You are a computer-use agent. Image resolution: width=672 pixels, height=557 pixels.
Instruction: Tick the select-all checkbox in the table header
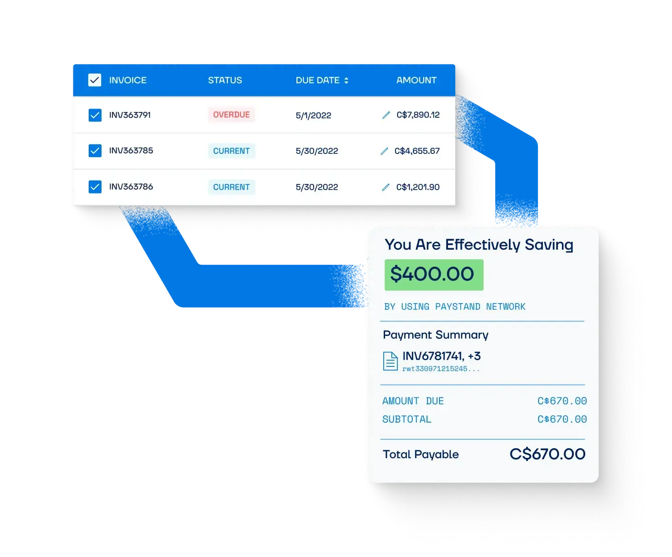click(94, 80)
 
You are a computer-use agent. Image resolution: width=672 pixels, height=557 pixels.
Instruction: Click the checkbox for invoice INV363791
click(95, 115)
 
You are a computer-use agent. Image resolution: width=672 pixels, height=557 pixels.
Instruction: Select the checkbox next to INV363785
click(95, 150)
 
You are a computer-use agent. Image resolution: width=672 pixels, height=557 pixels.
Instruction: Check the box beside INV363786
click(95, 187)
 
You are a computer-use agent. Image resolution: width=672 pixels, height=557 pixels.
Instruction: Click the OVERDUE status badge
click(231, 114)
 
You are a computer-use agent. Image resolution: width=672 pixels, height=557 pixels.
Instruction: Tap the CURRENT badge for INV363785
click(231, 151)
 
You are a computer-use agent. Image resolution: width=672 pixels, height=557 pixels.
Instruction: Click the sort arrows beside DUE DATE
click(346, 80)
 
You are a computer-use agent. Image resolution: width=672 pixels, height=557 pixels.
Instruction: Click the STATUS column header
click(224, 80)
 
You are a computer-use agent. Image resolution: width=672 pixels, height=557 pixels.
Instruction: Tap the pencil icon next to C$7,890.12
click(386, 115)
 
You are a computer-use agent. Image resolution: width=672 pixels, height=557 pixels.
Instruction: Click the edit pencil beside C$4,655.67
click(384, 151)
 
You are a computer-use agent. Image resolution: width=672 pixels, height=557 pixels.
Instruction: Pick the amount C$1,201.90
click(417, 187)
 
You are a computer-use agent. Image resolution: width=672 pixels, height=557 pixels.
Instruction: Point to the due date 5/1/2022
click(313, 115)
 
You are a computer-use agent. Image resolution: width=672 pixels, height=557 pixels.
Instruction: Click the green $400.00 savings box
click(434, 274)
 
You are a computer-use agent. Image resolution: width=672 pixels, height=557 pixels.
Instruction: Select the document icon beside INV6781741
click(390, 361)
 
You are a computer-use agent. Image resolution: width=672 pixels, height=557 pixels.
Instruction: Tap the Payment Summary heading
click(435, 334)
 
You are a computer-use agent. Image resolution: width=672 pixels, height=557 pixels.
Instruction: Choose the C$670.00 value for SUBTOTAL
click(561, 419)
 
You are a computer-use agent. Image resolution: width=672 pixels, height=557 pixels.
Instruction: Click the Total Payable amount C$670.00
click(547, 454)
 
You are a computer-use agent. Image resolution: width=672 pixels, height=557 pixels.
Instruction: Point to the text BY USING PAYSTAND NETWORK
click(455, 306)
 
